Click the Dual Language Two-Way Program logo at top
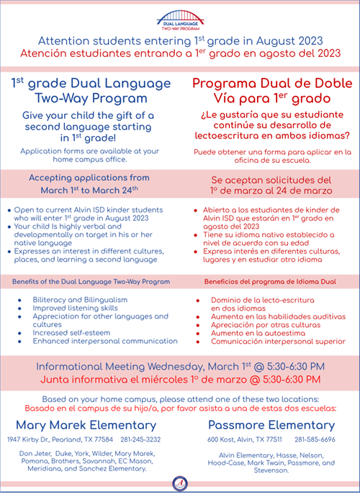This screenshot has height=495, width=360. (x=179, y=18)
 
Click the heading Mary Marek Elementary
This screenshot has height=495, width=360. (x=89, y=424)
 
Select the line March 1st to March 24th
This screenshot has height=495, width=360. (x=90, y=190)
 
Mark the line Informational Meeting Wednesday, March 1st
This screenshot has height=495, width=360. (x=180, y=365)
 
